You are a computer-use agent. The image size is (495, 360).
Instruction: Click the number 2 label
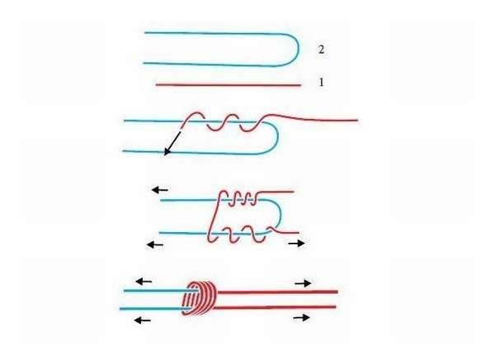[x=321, y=50]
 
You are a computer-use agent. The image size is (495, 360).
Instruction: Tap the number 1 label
[x=322, y=83]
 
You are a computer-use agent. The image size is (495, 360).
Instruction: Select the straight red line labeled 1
[x=229, y=85]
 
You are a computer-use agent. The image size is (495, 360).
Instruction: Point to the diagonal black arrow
[x=172, y=144]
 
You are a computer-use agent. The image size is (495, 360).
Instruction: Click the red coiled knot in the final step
[x=200, y=298]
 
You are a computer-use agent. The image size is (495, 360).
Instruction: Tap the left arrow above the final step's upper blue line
[x=144, y=281]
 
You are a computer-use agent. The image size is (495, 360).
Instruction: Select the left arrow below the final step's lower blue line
[x=143, y=320]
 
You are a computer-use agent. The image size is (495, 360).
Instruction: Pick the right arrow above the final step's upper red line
[x=303, y=283]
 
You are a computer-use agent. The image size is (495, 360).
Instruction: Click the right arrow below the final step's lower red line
[x=301, y=317]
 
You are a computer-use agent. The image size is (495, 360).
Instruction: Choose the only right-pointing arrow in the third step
[x=297, y=243]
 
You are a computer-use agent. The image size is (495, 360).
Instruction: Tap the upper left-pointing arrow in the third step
[x=160, y=190]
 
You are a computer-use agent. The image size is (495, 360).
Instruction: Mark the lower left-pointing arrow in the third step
[x=155, y=244]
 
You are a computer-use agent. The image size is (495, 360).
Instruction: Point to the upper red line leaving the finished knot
[x=278, y=291]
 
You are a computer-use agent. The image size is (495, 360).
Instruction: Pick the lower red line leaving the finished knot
[x=276, y=307]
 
